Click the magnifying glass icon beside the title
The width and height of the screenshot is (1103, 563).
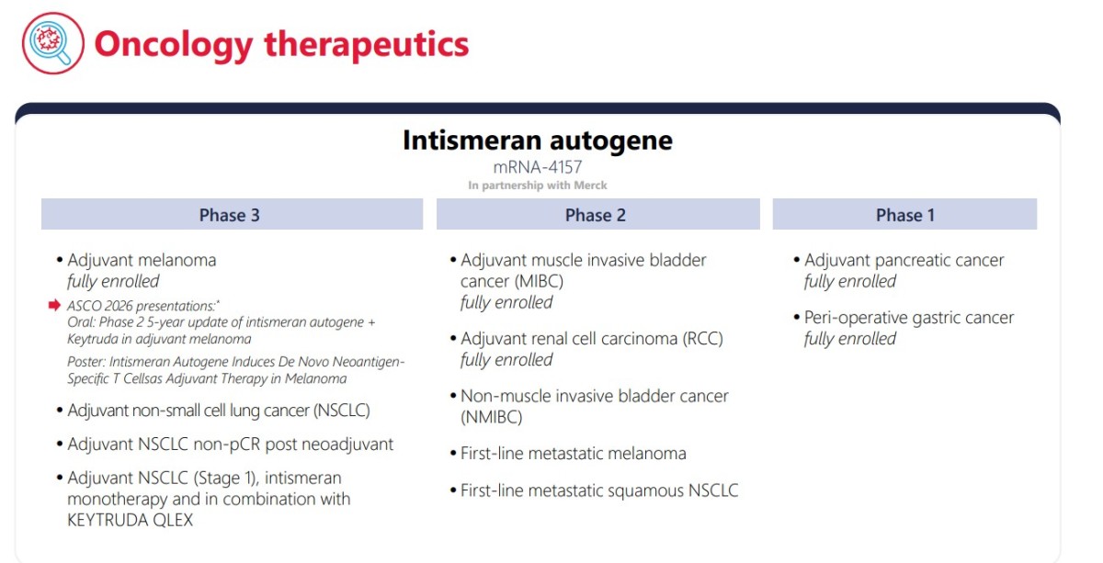tap(53, 43)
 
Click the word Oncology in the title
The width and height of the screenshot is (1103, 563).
tap(174, 45)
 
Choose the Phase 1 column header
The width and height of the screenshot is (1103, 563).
tap(904, 214)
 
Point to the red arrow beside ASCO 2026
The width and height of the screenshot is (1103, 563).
tap(54, 305)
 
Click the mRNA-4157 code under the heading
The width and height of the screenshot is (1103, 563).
tap(538, 167)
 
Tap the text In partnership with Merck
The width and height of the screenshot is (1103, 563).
tap(538, 186)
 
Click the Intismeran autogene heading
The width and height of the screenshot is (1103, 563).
tap(538, 141)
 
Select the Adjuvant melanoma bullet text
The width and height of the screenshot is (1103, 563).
tap(142, 260)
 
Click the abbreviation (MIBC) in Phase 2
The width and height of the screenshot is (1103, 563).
tap(540, 281)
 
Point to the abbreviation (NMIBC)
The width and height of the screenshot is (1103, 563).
tap(492, 417)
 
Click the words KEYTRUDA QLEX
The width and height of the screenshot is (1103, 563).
tap(130, 520)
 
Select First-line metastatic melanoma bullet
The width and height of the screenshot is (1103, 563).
tap(574, 454)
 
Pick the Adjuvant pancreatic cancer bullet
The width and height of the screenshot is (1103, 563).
tap(904, 260)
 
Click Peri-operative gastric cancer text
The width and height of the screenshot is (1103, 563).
tap(909, 318)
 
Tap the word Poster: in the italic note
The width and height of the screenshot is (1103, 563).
tap(86, 362)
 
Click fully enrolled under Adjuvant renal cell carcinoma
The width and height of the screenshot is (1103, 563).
tap(506, 360)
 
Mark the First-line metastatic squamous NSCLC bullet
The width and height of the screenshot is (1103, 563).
tap(599, 490)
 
